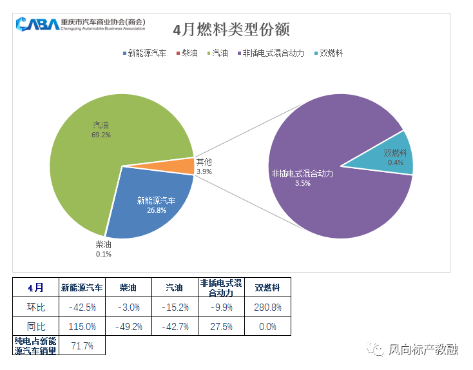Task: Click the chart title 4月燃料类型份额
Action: click(x=231, y=30)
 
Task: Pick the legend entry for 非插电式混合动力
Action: click(x=270, y=53)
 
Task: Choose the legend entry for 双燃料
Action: click(x=331, y=53)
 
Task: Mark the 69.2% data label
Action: click(x=101, y=135)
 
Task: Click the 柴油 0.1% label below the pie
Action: click(x=103, y=249)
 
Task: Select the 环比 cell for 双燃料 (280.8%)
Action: click(x=267, y=307)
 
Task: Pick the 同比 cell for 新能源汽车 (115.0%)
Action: click(x=82, y=326)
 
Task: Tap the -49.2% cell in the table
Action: click(x=128, y=326)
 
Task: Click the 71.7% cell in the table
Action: click(x=82, y=346)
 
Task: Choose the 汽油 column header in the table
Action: click(x=175, y=287)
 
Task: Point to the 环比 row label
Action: click(x=35, y=307)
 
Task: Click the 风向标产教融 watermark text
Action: click(x=423, y=350)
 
